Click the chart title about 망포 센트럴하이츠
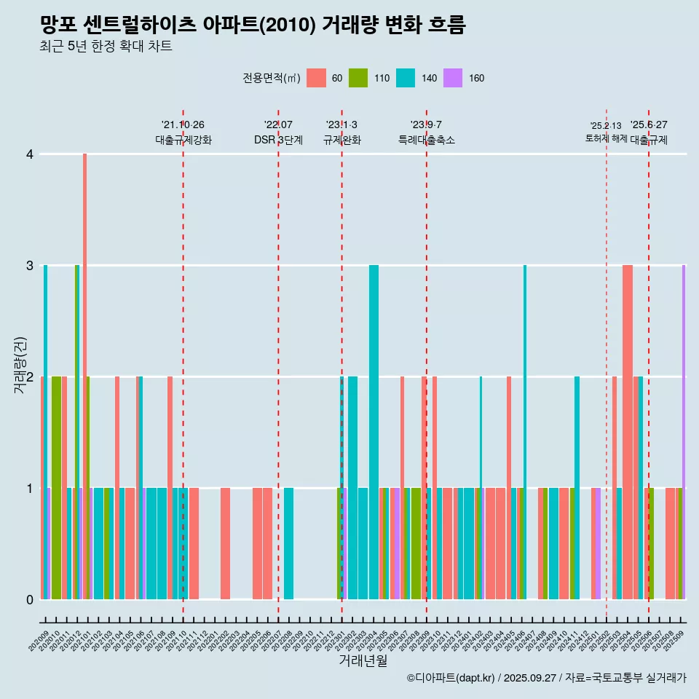253,25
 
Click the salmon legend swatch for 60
316,78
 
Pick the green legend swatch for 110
358,78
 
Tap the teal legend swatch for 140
405,78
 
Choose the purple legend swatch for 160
453,78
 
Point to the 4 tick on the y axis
30,154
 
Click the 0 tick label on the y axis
30,599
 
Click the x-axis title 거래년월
363,661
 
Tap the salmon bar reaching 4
85,376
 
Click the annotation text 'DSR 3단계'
278,140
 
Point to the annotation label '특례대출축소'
426,140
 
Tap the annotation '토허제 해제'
606,138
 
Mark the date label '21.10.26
183,125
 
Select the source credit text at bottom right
546,678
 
